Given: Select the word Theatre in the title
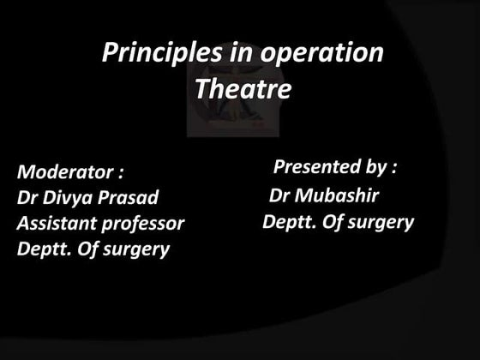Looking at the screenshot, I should [243, 88].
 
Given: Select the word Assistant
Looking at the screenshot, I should [55, 224].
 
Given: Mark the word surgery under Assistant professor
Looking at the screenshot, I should [136, 250].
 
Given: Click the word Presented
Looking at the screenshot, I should [315, 165].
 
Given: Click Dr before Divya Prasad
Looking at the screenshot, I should [28, 197].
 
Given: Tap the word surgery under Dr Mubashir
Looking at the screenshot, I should [381, 223].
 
